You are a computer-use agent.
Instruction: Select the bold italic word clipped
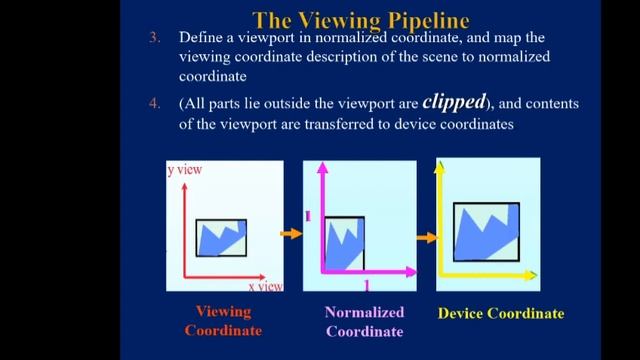coord(452,101)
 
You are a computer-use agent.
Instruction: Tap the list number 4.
coord(155,103)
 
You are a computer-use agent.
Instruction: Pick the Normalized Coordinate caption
coord(364,321)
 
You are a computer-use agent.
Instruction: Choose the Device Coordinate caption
coord(501,313)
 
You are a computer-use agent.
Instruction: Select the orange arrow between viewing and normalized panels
coord(291,233)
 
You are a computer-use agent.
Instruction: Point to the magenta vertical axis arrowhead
coord(322,167)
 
